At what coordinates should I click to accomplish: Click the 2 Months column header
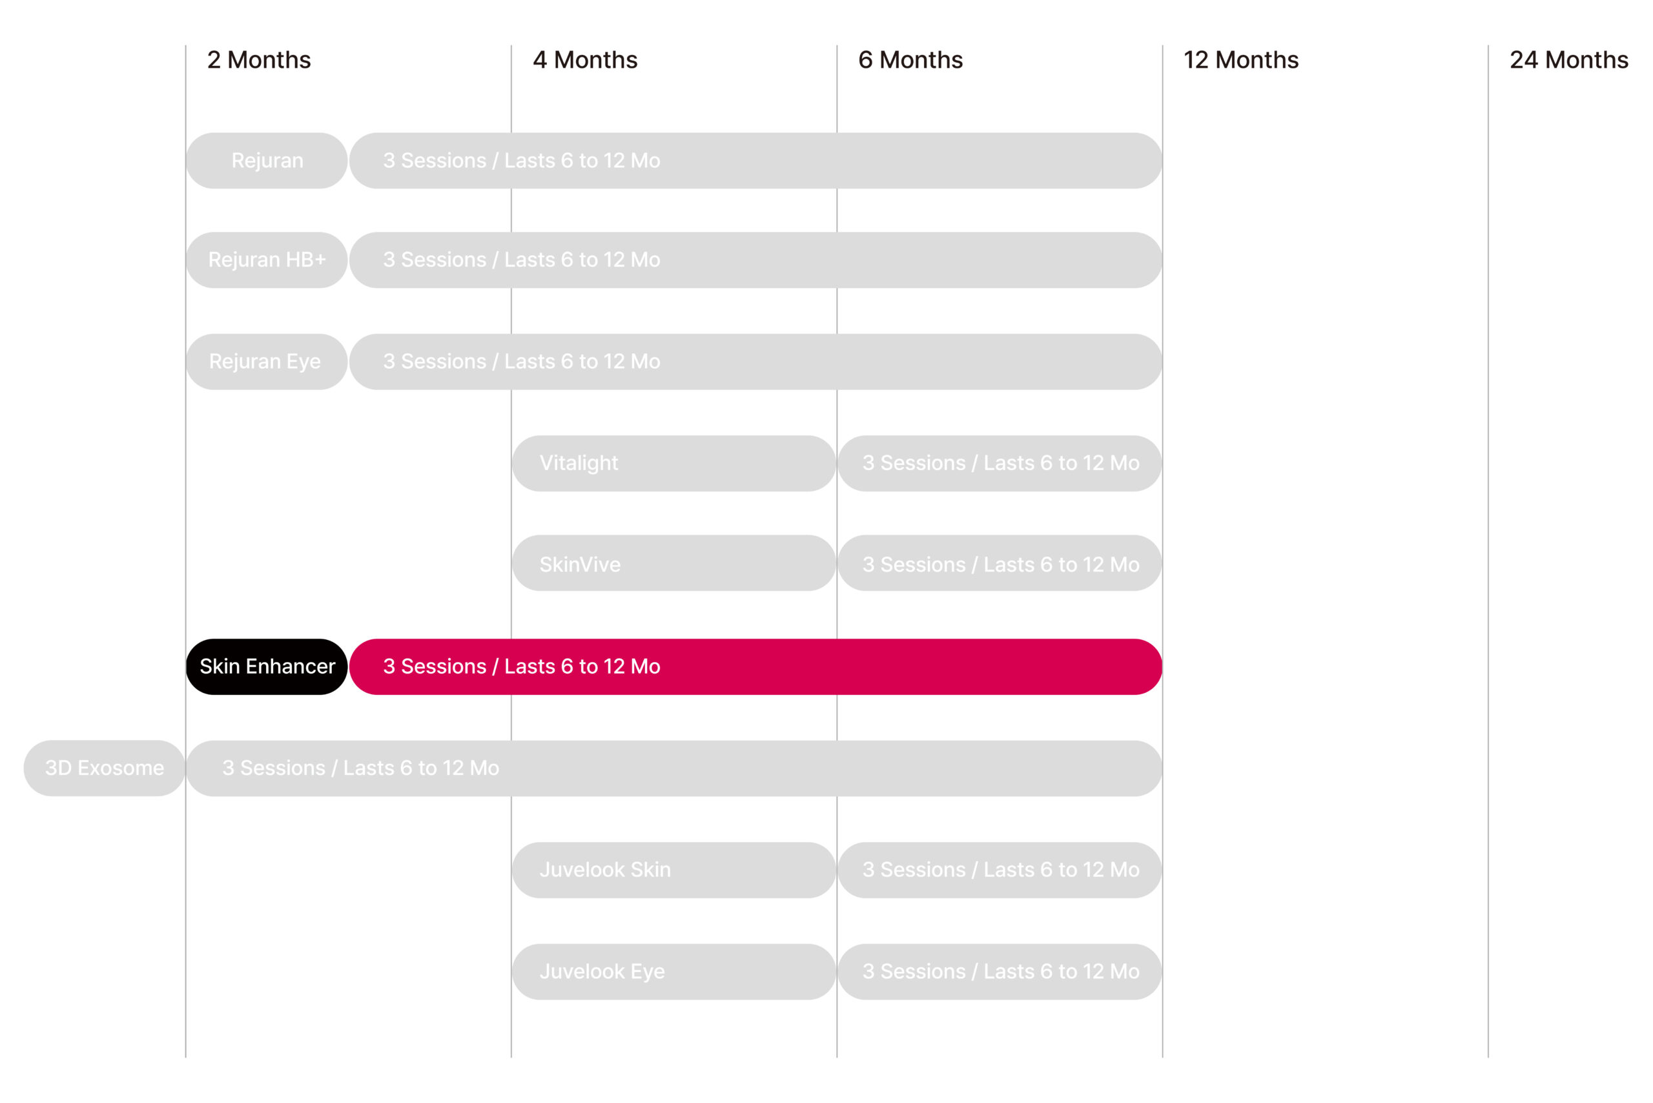(259, 60)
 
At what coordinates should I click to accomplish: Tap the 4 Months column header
(584, 60)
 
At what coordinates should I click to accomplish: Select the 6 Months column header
(910, 60)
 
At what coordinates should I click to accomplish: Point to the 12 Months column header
(1241, 60)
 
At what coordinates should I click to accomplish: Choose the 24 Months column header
(1568, 60)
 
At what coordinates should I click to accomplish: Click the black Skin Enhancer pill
(267, 666)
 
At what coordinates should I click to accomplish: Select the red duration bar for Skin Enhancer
(755, 666)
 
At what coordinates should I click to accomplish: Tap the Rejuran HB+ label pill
(267, 260)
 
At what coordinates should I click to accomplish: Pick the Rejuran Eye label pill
(267, 362)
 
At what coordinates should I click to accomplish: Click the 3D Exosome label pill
(104, 768)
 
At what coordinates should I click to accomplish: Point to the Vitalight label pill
(674, 463)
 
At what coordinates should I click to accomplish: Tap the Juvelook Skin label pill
(674, 870)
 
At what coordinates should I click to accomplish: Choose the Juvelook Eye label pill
(674, 971)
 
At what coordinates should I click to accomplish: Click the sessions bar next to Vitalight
(1000, 463)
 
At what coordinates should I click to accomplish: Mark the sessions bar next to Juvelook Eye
(1000, 971)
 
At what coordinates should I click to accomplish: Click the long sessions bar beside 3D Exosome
(674, 768)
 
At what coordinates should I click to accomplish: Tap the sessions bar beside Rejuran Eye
(755, 362)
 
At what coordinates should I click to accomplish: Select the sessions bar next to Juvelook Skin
(1000, 870)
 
